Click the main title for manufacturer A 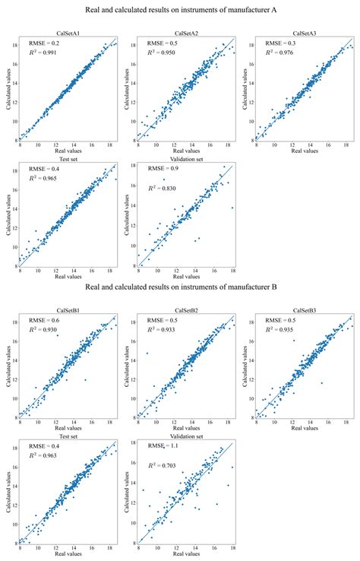click(179, 11)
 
